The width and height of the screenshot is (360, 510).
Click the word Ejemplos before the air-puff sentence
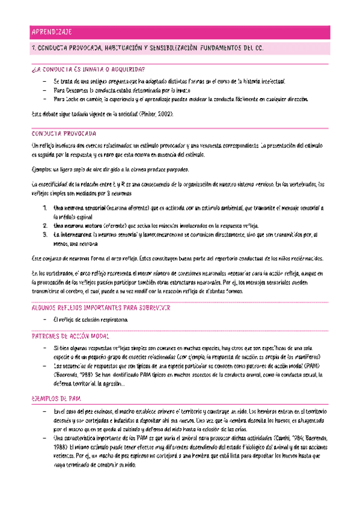click(x=43, y=170)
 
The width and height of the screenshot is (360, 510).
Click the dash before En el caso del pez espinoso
click(x=45, y=411)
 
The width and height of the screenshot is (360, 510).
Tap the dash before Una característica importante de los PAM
click(x=45, y=439)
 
